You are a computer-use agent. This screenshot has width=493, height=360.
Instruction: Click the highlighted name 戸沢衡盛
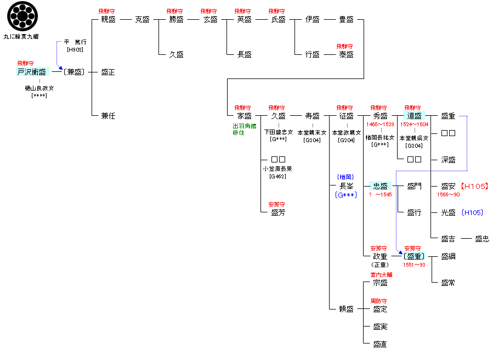pos(32,72)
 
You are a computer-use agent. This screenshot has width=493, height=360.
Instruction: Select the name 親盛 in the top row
pos(108,19)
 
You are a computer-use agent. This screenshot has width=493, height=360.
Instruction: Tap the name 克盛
pos(142,19)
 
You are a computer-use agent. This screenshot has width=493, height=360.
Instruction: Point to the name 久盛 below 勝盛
pos(176,54)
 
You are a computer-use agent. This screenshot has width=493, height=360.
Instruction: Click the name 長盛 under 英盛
pos(244,54)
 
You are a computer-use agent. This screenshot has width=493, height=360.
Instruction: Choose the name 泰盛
pos(346,54)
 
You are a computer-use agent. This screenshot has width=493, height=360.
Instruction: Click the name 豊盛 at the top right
pos(346,19)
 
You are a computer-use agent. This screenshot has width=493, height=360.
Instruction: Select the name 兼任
pos(108,116)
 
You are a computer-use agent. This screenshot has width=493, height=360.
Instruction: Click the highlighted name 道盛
pos(414,116)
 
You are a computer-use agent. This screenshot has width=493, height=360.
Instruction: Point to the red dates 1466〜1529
pos(380,125)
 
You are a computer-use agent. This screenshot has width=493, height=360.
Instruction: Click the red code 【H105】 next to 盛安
pos(474,187)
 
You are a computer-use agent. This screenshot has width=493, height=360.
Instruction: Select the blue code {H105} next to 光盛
pos(472,212)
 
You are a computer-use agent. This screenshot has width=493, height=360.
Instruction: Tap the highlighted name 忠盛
pos(380,186)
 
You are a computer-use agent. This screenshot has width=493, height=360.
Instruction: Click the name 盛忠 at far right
pos(482,239)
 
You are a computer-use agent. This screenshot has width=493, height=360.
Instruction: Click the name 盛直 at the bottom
pos(380,344)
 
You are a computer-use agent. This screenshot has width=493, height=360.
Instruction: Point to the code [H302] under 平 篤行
pos(75,49)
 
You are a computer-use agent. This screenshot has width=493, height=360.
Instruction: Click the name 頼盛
pos(346,309)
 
